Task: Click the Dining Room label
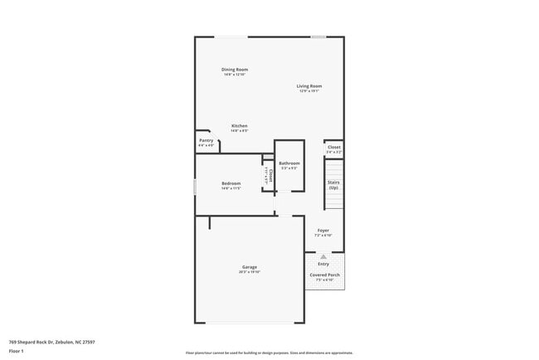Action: [235, 70]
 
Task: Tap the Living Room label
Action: [310, 86]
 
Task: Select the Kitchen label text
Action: [239, 126]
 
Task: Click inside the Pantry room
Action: [206, 142]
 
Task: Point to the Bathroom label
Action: [289, 164]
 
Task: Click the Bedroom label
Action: [231, 183]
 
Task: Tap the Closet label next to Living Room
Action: [333, 148]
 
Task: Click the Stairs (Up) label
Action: [333, 184]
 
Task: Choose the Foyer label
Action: [323, 231]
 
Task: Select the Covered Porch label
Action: [323, 275]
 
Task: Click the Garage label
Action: [250, 267]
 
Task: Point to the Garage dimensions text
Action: [250, 272]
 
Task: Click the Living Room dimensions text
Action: [310, 91]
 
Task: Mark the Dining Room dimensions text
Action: [235, 75]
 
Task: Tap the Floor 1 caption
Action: [17, 351]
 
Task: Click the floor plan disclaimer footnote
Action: [269, 353]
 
